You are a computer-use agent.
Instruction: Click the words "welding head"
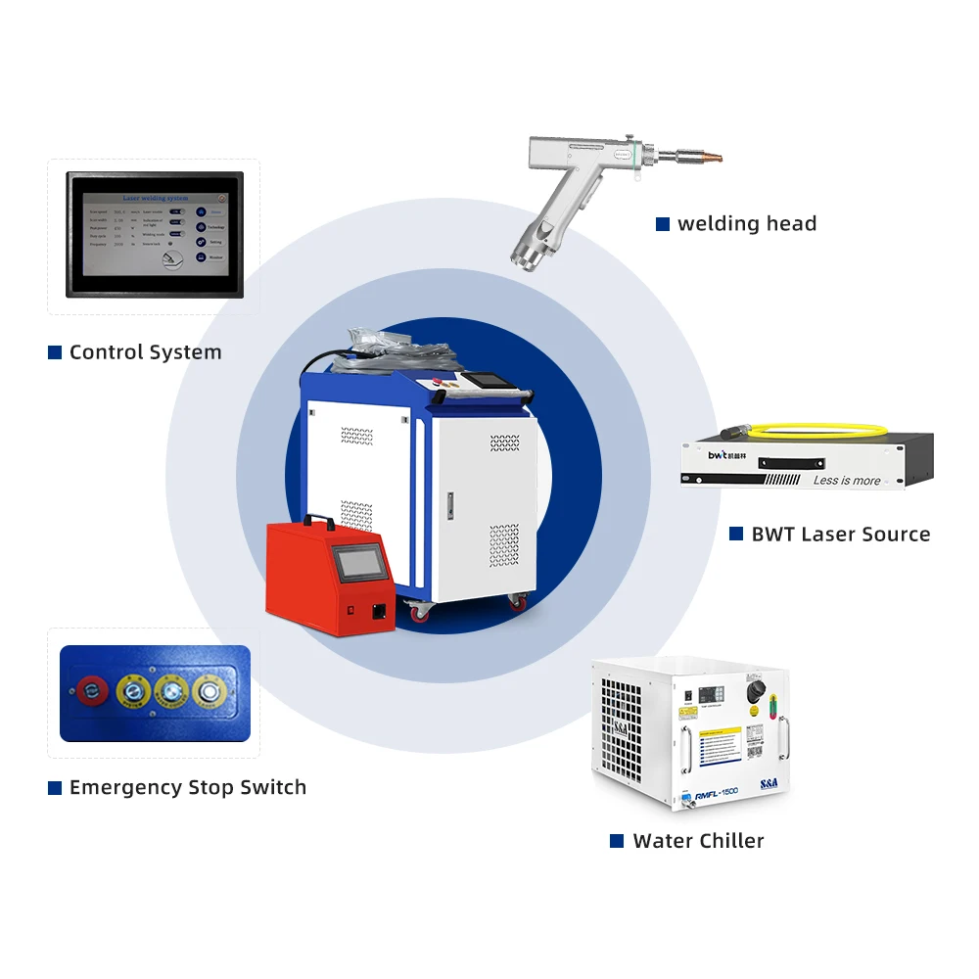coord(746,224)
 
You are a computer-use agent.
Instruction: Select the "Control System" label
coord(145,352)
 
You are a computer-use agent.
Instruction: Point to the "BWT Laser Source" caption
coord(840,535)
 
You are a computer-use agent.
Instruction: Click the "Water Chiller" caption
coord(698,841)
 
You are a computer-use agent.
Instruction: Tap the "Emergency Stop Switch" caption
coord(187,788)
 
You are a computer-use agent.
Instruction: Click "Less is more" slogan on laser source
coord(846,481)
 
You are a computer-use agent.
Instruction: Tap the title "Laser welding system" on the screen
coord(155,198)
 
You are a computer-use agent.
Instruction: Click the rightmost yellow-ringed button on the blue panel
coord(208,691)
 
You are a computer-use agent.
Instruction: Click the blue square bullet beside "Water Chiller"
coord(617,841)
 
